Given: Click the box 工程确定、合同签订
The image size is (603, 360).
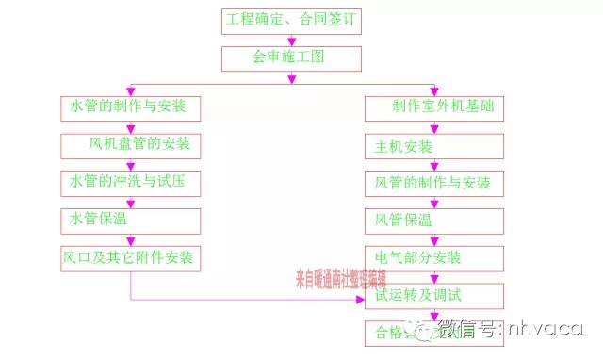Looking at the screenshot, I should tap(290, 20).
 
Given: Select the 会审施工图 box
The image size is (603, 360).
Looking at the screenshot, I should tap(290, 57).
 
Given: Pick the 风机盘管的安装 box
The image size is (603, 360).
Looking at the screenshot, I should tap(131, 144).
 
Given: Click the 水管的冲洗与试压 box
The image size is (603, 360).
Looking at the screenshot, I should tap(131, 180).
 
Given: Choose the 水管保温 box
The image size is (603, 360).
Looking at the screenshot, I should tap(131, 219).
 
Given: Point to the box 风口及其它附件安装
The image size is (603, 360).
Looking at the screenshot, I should tap(131, 256).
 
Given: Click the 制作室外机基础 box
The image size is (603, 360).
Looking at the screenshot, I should tap(433, 106).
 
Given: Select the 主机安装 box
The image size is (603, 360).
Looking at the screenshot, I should tap(433, 146).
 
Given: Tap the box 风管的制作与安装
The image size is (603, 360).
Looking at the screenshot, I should tap(433, 183).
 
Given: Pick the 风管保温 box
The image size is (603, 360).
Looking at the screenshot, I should tap(433, 221).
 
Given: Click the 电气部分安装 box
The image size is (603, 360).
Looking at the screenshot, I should tap(433, 257).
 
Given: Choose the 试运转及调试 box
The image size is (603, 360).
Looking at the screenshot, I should tap(433, 295).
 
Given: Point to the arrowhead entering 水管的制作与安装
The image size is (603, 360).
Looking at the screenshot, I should tap(131, 90).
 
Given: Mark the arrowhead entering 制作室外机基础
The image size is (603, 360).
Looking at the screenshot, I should tap(432, 90).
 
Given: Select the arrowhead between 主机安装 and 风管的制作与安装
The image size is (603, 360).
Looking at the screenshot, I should tap(433, 166).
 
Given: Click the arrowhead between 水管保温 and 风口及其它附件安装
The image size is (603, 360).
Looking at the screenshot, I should tap(131, 239).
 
